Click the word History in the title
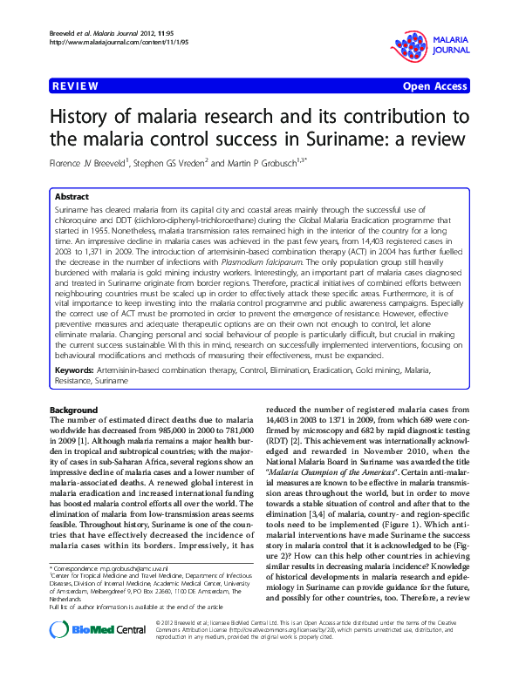(90, 117)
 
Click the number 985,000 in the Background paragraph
(173, 431)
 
